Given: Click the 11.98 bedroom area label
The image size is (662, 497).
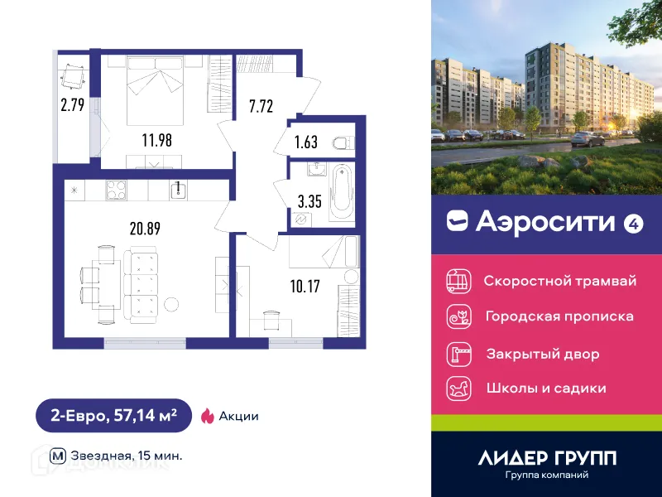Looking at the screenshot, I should pos(156,140).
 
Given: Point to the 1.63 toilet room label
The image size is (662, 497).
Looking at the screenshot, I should pos(306,142).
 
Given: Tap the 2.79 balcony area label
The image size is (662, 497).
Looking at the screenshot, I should pos(72,105).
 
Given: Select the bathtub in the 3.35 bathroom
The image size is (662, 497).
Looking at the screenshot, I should pos(341,194).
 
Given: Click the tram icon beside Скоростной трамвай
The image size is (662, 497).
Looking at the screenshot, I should pos(458,280).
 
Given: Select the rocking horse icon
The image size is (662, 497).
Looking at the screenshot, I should pos(458,387).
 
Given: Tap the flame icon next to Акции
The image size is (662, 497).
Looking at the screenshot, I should pos(207,416).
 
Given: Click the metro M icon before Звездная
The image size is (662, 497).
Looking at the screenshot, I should pos(58,456).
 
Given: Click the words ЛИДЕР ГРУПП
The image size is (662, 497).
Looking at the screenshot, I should pos(547,458).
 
